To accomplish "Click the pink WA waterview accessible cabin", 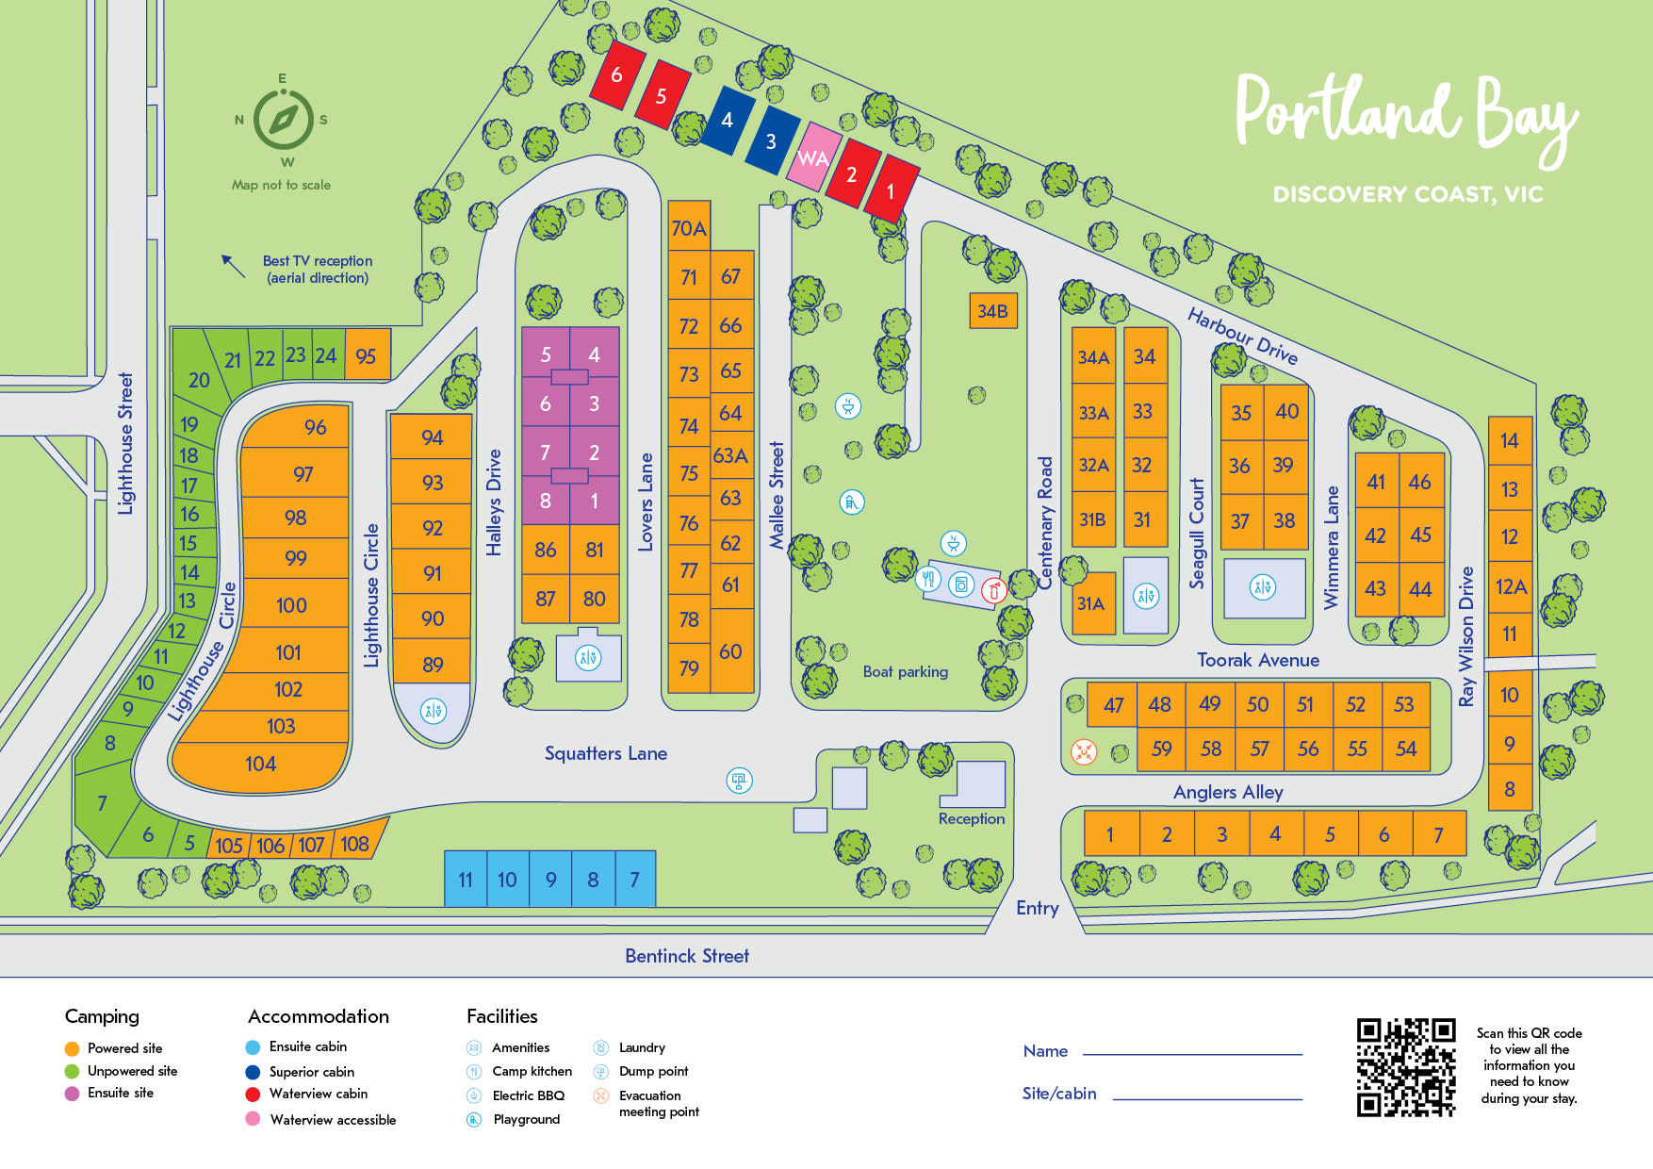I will pyautogui.click(x=813, y=157).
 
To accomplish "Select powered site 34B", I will pyautogui.click(x=992, y=311).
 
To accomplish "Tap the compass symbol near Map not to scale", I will pyautogui.click(x=284, y=120).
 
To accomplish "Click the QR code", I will pyautogui.click(x=1405, y=1067).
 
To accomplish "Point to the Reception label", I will pyautogui.click(x=971, y=818).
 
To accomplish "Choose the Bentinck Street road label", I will pyautogui.click(x=686, y=956).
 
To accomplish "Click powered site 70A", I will pyautogui.click(x=688, y=227).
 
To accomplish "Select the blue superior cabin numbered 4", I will pyautogui.click(x=728, y=120).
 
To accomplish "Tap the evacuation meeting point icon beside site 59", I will pyautogui.click(x=1084, y=751).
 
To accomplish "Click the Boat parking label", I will pyautogui.click(x=905, y=671).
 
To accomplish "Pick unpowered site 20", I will pyautogui.click(x=198, y=379).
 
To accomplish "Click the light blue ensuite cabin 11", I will pyautogui.click(x=465, y=879).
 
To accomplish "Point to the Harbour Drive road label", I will pyautogui.click(x=1241, y=336).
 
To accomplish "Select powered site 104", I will pyautogui.click(x=260, y=764).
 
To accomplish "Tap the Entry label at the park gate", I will pyautogui.click(x=1037, y=908).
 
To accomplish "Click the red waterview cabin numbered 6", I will pyautogui.click(x=616, y=74).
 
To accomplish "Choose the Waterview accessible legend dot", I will pyautogui.click(x=253, y=1119).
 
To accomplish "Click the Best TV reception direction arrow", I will pyautogui.click(x=232, y=266).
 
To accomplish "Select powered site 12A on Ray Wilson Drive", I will pyautogui.click(x=1510, y=586).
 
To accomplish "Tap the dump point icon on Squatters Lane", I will pyautogui.click(x=739, y=780).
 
